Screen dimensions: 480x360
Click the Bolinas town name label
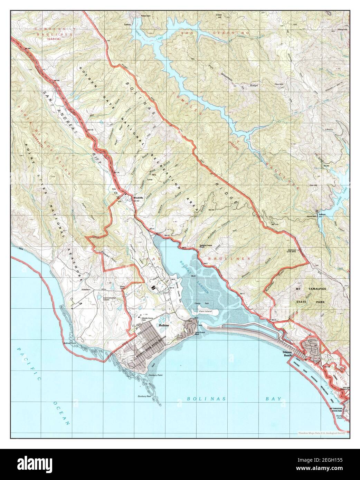[x=164, y=325]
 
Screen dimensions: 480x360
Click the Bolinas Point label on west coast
[x=70, y=343]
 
